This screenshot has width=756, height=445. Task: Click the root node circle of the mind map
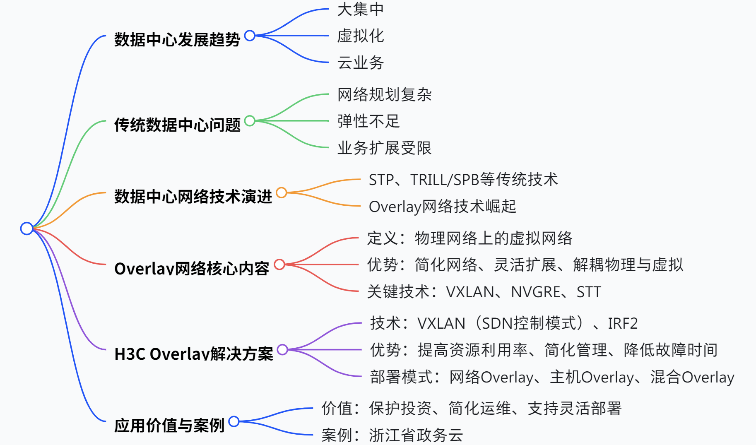26,228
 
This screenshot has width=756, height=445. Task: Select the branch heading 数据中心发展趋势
177,40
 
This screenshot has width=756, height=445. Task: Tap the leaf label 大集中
360,9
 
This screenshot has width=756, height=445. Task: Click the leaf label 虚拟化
360,36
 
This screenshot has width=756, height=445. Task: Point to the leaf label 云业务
360,63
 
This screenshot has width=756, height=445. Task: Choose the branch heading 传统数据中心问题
177,125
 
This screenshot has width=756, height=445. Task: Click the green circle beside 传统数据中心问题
250,120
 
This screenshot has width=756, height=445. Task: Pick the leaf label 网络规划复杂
384,95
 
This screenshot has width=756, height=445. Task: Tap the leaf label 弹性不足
368,121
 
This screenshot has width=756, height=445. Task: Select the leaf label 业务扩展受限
384,148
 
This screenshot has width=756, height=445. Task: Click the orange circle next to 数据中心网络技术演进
281,192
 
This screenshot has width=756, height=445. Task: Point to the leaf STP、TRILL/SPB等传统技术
463,180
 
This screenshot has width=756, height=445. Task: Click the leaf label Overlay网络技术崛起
442,206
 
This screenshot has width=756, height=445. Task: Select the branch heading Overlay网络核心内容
191,269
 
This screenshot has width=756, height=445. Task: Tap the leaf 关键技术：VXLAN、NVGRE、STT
484,292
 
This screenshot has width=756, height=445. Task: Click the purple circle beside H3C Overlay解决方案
282,349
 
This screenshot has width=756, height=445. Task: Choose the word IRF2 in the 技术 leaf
622,323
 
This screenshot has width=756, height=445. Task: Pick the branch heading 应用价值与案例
169,426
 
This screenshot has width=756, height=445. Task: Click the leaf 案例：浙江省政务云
392,435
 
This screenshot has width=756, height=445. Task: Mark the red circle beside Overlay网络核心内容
279,264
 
